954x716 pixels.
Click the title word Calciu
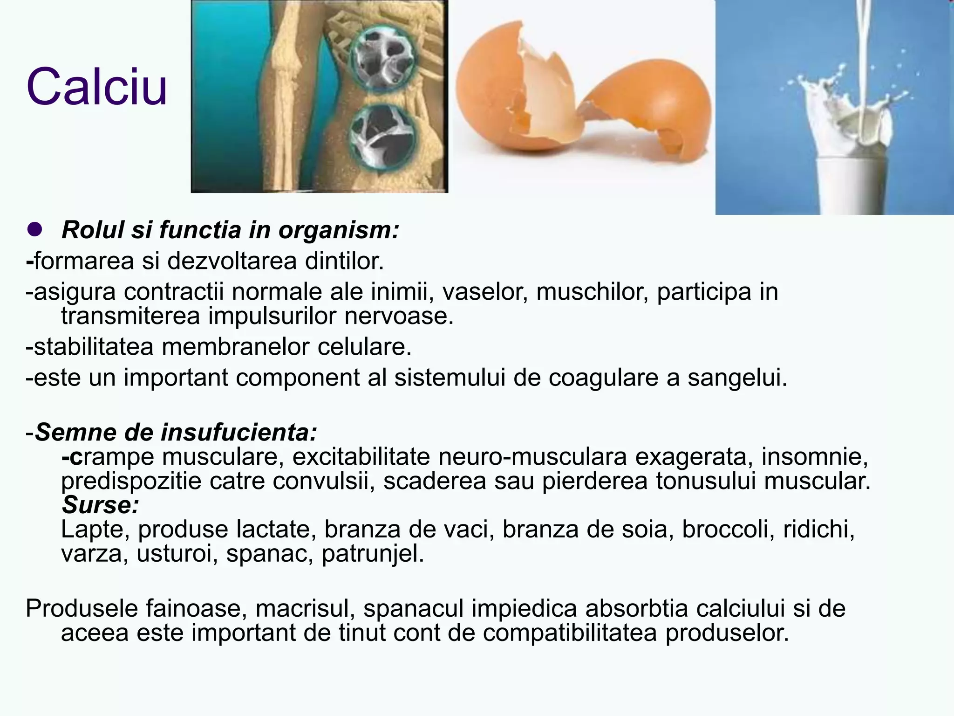(96, 87)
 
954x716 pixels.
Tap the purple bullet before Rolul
(35, 230)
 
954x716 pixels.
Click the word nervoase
(399, 317)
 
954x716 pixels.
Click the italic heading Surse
(100, 505)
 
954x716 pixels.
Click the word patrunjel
(373, 555)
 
